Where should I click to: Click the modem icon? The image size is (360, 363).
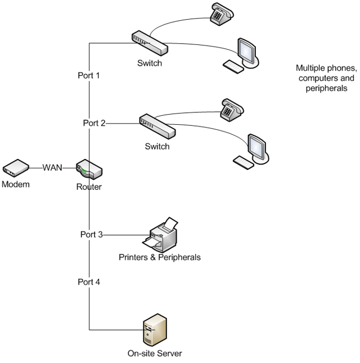point(16,167)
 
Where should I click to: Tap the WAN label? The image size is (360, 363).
point(53,167)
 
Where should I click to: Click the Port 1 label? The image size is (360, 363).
point(88,75)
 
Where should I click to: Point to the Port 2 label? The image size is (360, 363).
point(94,123)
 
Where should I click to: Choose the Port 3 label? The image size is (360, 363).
point(91,234)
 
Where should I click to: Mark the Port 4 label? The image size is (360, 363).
point(89,282)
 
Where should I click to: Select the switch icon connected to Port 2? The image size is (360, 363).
point(157,126)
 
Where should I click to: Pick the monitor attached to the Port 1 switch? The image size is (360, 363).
point(247,50)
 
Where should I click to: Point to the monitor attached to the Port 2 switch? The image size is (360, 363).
point(258,147)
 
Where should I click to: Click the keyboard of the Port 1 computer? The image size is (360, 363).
point(233,66)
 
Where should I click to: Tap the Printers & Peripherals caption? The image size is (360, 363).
point(159,257)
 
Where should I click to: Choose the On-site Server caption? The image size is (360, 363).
point(155,353)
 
